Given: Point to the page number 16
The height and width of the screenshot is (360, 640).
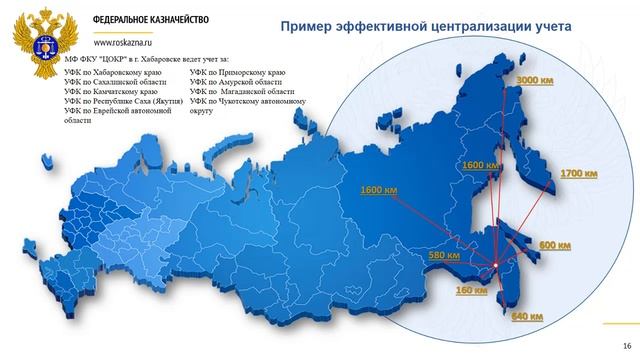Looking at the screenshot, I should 626,346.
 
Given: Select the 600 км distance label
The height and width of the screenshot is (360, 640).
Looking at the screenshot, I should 554,245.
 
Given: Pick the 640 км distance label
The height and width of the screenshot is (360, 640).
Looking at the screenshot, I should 526,317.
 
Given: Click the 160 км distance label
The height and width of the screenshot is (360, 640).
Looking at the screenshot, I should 470,291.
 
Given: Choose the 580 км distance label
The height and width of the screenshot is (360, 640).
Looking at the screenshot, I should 442,256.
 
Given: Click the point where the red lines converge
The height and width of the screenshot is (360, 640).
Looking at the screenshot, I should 496,264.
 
